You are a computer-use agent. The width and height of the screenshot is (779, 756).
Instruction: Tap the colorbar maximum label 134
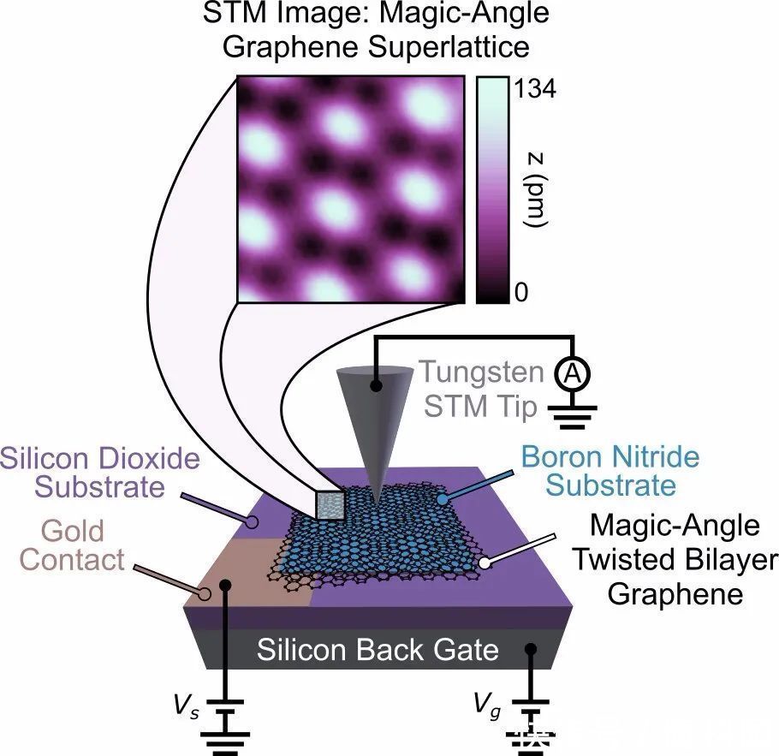tap(532, 87)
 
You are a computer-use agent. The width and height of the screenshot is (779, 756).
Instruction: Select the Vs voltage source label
tap(187, 707)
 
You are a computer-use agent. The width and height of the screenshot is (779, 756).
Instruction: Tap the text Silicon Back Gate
tap(378, 650)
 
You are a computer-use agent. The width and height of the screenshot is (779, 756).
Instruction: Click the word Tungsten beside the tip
tap(480, 372)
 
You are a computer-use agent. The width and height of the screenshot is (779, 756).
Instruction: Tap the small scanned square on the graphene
tap(330, 506)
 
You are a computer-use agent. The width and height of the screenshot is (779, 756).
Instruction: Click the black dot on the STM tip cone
tap(376, 386)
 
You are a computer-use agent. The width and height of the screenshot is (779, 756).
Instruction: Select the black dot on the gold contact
tap(225, 586)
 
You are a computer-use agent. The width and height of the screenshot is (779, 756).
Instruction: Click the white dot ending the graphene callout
tap(486, 563)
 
